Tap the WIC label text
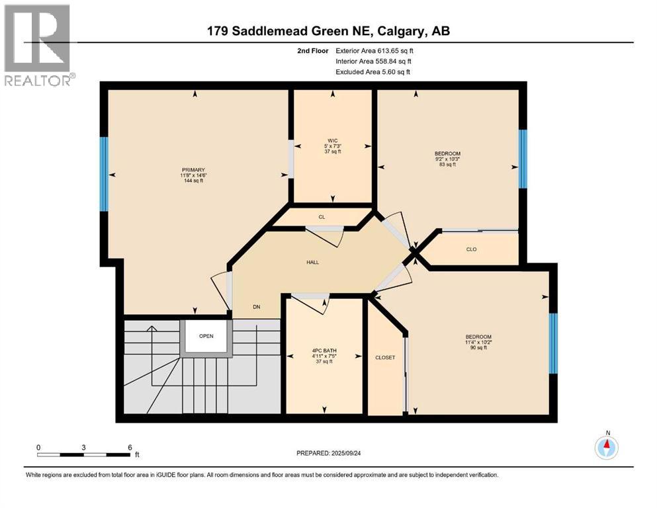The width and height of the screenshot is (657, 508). coord(332,140)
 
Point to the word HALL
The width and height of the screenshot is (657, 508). coord(312,263)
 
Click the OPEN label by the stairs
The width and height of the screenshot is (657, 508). coord(206,336)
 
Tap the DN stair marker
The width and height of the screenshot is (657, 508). coord(256,307)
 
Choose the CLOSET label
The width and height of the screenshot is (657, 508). coord(384,358)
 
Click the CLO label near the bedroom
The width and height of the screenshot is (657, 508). coord(471,249)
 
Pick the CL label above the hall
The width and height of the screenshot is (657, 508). coord(322,217)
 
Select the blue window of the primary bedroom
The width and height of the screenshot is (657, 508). coord(103,173)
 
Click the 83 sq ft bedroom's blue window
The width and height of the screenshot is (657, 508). coord(523,159)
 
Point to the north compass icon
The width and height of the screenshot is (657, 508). coord(606,448)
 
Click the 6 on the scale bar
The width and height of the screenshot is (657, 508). coord(130,446)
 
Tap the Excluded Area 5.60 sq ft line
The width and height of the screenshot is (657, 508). coord(372,71)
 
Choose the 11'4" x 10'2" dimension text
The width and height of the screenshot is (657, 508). coord(478,342)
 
